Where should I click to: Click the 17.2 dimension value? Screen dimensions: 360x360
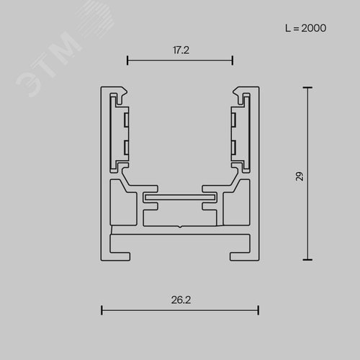181,50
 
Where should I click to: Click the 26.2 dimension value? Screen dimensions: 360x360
181,300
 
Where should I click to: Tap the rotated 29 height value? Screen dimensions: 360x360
300,176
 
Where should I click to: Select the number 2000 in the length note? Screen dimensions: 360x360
314,28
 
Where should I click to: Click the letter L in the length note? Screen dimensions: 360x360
288,28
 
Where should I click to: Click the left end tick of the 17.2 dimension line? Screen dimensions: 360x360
127,60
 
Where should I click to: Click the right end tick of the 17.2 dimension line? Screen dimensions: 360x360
233,60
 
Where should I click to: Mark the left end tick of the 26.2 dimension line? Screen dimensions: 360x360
102,310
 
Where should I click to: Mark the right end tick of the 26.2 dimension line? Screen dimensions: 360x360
258,310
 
